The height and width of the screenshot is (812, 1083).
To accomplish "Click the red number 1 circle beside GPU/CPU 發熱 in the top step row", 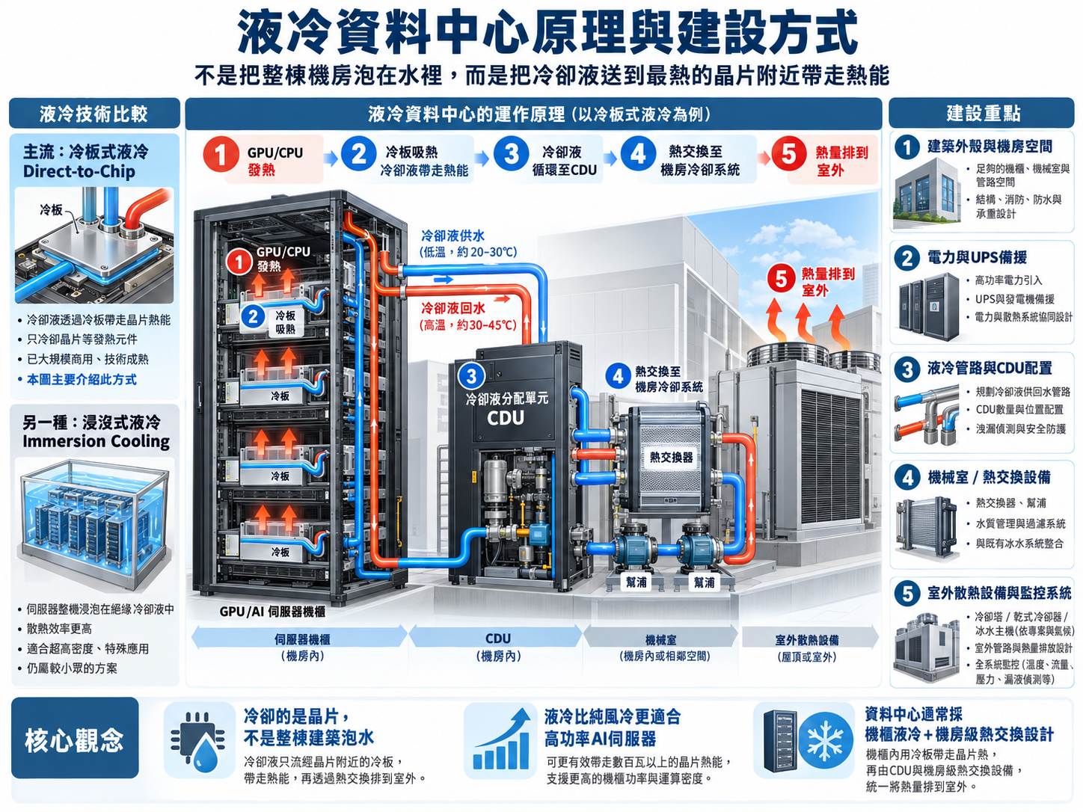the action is (221, 154).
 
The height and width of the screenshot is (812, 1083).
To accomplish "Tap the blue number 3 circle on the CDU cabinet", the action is (471, 376).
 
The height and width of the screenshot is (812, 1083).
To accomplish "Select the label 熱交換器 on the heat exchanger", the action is (671, 457).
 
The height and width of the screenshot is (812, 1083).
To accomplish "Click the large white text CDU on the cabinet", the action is (506, 418).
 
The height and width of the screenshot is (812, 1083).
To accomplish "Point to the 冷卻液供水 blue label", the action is (453, 236).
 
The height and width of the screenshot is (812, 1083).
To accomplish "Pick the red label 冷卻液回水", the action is (453, 309).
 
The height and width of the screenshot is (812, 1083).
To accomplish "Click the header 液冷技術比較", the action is (93, 114).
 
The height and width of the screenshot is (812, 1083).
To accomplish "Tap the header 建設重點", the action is (984, 114).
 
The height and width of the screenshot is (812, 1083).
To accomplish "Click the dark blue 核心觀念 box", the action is (75, 737).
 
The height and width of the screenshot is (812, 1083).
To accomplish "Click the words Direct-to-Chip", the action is (79, 171).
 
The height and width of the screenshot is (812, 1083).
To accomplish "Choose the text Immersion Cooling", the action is (96, 441).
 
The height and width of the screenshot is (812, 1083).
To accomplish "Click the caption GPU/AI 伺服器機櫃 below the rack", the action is (272, 612).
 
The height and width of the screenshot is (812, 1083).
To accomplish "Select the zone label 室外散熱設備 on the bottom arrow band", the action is (807, 640).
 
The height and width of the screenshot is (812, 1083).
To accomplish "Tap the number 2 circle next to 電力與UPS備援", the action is (906, 259).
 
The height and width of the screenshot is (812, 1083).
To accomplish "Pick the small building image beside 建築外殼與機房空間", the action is (927, 194).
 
